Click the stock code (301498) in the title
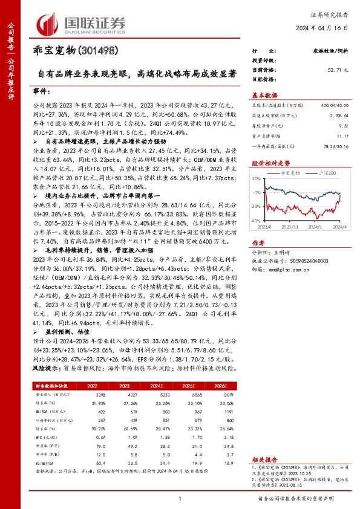98,51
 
